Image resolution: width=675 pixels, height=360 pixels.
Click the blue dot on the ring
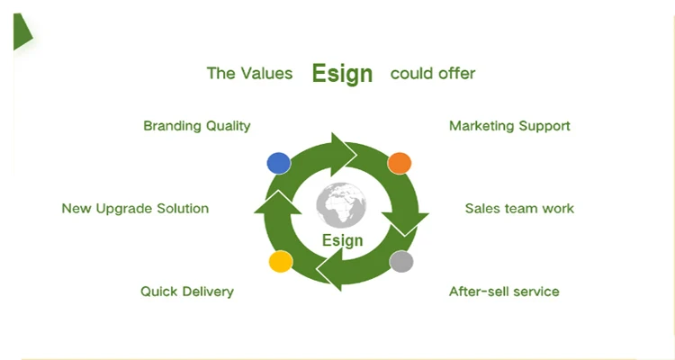point(279,163)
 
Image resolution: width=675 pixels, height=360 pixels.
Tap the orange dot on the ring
point(400,163)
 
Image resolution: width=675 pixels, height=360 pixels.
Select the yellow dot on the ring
point(281,262)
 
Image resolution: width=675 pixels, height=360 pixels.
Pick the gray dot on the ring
point(401,262)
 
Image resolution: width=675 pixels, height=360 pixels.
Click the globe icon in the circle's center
point(341,205)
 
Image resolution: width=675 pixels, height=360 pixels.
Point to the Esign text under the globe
point(342,240)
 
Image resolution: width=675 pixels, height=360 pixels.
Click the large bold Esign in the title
point(342,74)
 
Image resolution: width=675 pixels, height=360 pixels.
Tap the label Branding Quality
point(196,126)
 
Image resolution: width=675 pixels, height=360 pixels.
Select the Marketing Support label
point(509,126)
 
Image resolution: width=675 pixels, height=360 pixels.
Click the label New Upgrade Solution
point(135,209)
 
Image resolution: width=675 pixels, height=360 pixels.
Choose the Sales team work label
point(519,209)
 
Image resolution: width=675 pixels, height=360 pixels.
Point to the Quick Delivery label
point(186,292)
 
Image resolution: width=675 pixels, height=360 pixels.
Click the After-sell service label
point(504,292)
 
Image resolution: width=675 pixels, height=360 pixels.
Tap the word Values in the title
point(265,74)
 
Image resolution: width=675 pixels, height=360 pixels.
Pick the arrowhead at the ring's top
point(342,154)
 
